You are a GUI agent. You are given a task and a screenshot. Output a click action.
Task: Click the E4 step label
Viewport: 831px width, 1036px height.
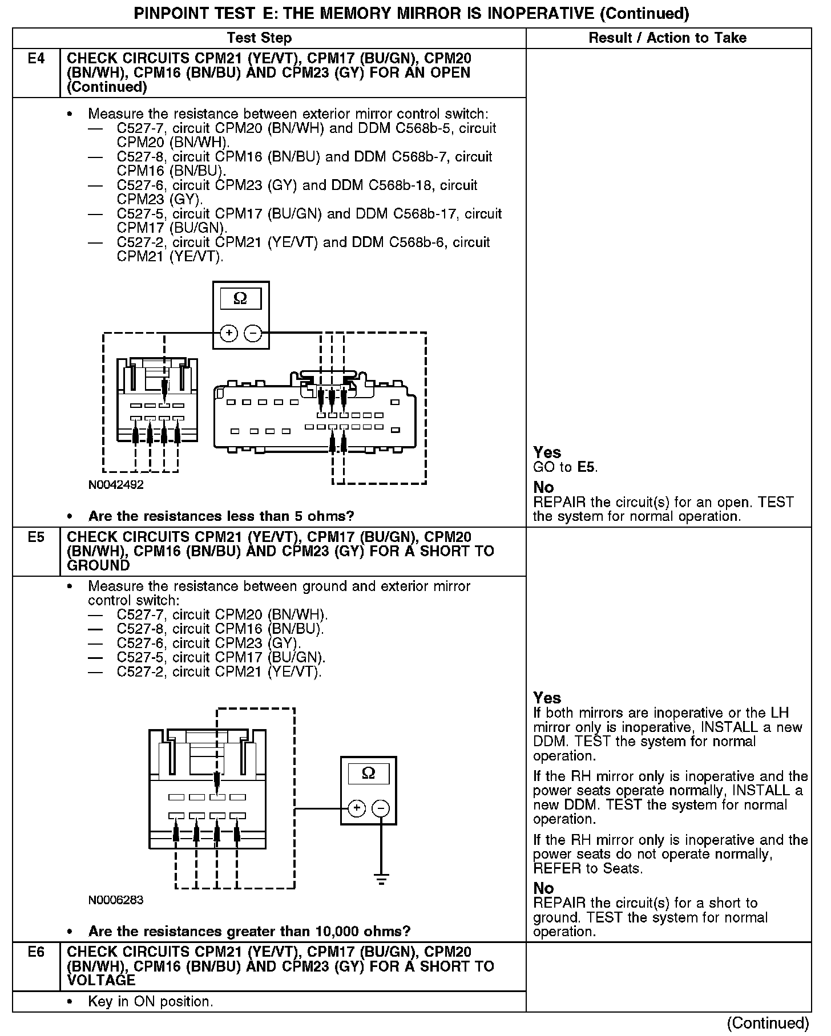pyautogui.click(x=36, y=59)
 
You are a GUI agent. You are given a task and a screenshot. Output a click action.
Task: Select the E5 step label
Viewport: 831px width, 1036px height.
pyautogui.click(x=36, y=537)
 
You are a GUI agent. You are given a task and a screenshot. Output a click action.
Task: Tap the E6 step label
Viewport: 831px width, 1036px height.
pyautogui.click(x=36, y=952)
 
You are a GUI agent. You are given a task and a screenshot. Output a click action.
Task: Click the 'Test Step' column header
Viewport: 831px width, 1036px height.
pyautogui.click(x=259, y=38)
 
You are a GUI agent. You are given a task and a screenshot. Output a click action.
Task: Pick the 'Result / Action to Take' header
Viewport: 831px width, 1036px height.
pyautogui.click(x=667, y=38)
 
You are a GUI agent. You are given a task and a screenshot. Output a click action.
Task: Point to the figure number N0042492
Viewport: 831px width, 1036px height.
pyautogui.click(x=116, y=485)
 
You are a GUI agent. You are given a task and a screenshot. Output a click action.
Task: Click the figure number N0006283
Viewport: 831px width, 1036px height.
pyautogui.click(x=116, y=900)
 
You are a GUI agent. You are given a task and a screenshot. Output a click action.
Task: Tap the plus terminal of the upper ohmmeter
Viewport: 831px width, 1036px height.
pyautogui.click(x=228, y=333)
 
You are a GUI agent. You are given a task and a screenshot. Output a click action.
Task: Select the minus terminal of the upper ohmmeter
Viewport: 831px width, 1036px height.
pyautogui.click(x=253, y=333)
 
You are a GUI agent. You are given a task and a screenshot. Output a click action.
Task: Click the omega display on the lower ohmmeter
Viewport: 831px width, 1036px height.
pyautogui.click(x=369, y=774)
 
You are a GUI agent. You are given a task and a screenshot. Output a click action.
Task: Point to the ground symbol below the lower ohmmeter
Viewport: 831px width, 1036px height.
pyautogui.click(x=381, y=879)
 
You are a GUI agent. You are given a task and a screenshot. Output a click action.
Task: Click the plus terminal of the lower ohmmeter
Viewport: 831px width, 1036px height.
pyautogui.click(x=356, y=808)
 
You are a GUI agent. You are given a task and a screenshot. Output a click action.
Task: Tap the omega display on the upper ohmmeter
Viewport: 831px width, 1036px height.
pyautogui.click(x=240, y=299)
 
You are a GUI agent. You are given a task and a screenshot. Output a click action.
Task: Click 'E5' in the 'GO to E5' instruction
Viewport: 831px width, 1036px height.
pyautogui.click(x=586, y=467)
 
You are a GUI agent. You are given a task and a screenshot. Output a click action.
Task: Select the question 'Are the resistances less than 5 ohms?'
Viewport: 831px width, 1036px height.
pyautogui.click(x=221, y=516)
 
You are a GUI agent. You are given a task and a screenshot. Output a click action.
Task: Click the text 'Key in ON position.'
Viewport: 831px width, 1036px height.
pyautogui.click(x=150, y=1002)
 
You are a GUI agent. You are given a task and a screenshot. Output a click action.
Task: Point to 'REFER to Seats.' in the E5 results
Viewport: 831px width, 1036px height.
pyautogui.click(x=587, y=869)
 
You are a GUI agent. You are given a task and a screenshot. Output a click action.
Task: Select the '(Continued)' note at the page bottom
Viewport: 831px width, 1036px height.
pyautogui.click(x=768, y=1023)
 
